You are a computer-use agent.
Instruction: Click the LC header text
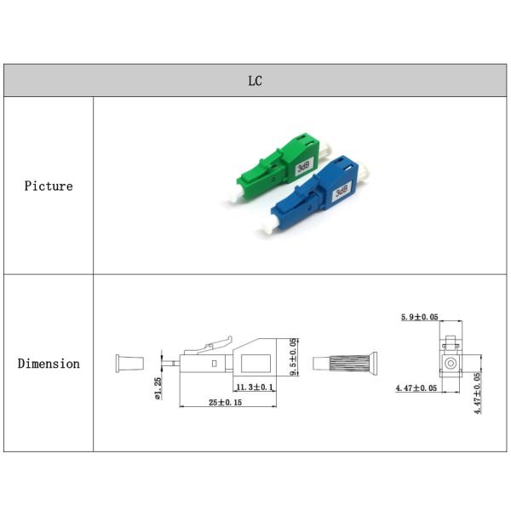point(255,81)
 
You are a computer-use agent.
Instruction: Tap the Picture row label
point(49,186)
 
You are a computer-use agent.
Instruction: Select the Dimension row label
point(49,364)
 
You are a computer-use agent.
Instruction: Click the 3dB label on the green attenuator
point(304,167)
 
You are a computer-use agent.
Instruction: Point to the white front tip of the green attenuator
point(238,193)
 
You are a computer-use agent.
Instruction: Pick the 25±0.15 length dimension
point(225,402)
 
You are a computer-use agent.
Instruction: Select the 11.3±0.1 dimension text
point(255,388)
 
